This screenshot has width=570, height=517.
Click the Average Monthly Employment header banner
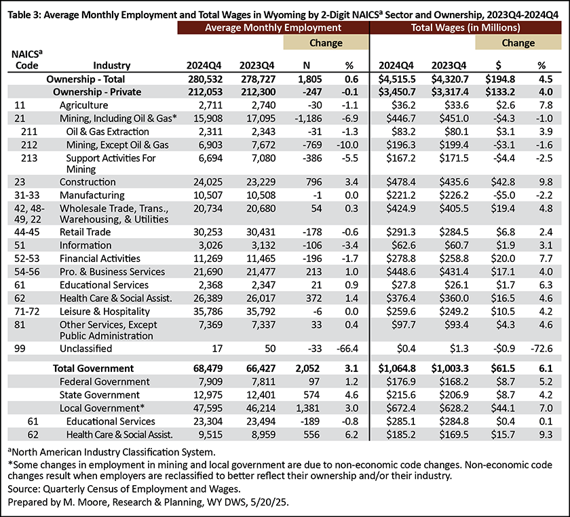coord(273,28)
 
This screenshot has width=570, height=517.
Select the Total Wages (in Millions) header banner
coord(465,28)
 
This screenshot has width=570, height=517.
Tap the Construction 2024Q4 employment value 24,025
coord(208,182)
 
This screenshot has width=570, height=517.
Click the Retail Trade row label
coord(85,232)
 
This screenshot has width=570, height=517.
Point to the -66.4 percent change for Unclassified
coord(347,349)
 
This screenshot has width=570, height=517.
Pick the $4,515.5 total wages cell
coord(397,79)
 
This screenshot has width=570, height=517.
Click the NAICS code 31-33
coord(27,195)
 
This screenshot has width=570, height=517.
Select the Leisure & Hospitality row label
coord(104,311)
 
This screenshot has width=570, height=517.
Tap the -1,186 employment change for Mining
coord(307,119)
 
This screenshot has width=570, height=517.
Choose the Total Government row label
coord(94,368)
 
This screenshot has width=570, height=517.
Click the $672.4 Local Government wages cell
coord(401,408)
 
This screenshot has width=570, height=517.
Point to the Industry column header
coord(111,65)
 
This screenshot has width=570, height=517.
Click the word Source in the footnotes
coord(24,489)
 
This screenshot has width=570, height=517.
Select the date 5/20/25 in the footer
coord(272,503)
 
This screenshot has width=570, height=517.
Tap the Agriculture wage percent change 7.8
coord(546,105)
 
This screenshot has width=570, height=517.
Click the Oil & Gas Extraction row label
coord(108,132)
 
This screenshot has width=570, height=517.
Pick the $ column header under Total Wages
coord(498,65)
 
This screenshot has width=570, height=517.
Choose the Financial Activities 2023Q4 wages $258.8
coord(454,258)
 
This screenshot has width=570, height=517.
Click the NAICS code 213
coord(29,158)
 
